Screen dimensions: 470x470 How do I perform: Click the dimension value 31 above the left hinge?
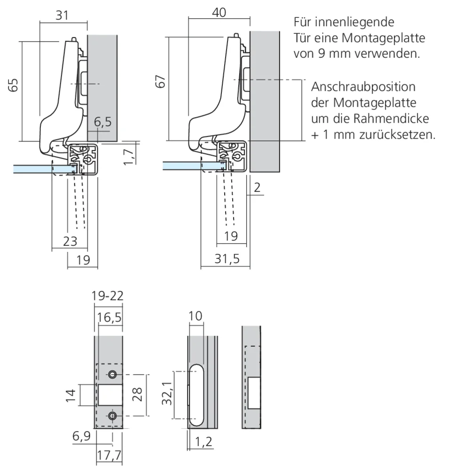[x=62, y=15]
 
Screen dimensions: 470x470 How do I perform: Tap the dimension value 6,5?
[x=102, y=122]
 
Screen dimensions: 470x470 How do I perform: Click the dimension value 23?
[x=70, y=241]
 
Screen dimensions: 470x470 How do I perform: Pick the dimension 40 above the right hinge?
[x=219, y=12]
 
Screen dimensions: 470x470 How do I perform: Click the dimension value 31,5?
[x=225, y=259]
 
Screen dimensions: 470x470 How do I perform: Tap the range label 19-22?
[x=108, y=296]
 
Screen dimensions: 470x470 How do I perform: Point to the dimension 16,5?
[x=110, y=317]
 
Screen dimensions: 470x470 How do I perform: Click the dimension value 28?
[x=137, y=395]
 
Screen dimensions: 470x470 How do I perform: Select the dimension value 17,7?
[x=109, y=454]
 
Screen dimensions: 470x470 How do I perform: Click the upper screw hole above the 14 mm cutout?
[x=112, y=375]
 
